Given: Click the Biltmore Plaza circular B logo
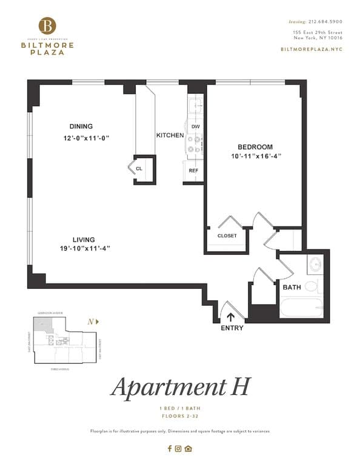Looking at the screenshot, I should tap(47, 26).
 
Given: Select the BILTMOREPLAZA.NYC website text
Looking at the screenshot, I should tap(312, 48).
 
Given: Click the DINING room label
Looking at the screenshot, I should tap(81, 127).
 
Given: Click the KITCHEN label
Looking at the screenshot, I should tap(170, 135).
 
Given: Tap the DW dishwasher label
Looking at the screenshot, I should tap(195, 127).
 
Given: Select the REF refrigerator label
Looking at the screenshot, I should tap(193, 171).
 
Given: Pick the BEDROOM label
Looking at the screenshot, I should tap(255, 147).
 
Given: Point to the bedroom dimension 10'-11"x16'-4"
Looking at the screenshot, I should tap(255, 156).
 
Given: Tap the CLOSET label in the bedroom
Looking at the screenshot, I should tap(227, 236).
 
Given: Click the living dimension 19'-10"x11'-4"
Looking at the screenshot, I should tap(85, 249).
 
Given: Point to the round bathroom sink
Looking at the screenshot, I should tap(315, 265).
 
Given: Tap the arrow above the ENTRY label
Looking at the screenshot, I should tap(231, 315).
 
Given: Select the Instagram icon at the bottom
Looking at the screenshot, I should tap(178, 449).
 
